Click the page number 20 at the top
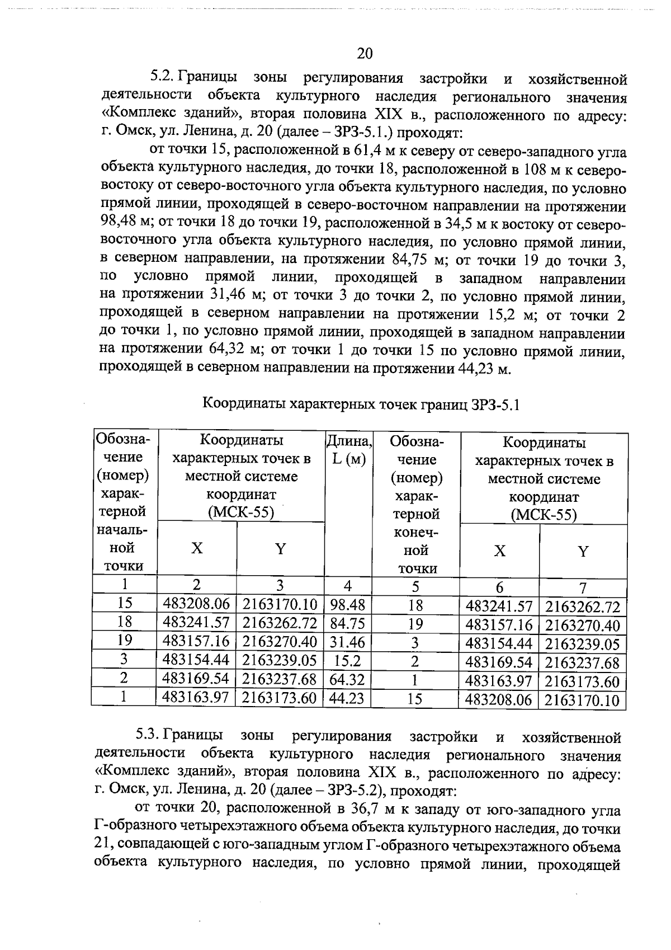pos(364,53)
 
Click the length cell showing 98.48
pos(347,605)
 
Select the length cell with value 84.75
pos(347,623)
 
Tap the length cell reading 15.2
pos(347,661)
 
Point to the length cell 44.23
pos(347,698)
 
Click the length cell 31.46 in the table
pos(347,642)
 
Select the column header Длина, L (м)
pos(348,450)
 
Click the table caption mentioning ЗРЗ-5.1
pos(361,404)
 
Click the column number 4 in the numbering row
pos(348,586)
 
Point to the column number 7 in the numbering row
pos(583,587)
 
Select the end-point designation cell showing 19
pos(415,624)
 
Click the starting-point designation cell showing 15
pos(125,604)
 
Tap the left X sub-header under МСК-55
pos(197,549)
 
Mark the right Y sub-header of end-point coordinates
pos(583,552)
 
